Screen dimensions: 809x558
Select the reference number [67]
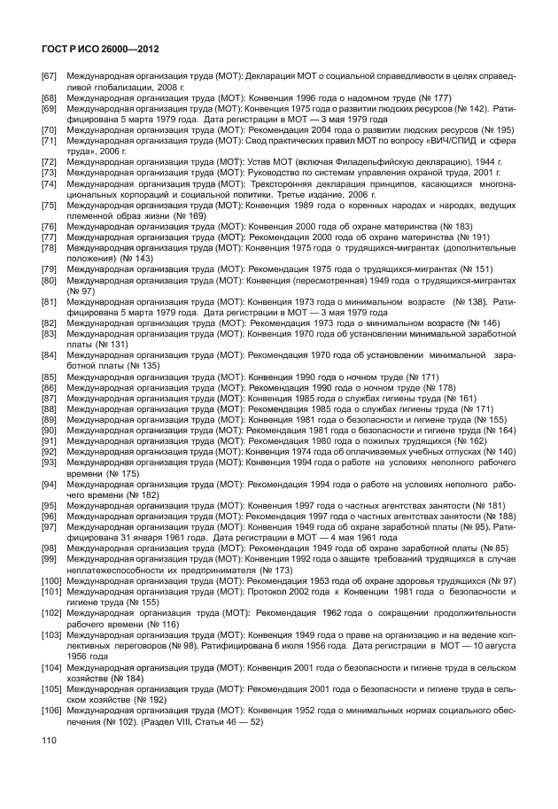(50, 77)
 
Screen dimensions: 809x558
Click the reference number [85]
(50, 377)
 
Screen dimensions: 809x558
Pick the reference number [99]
(50, 559)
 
